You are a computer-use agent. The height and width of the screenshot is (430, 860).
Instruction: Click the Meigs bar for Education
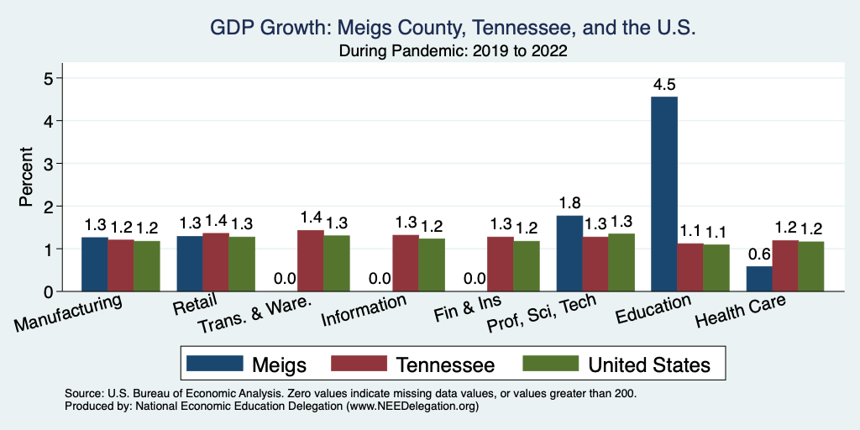click(x=664, y=194)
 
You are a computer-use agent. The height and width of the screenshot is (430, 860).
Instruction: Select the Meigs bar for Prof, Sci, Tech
click(x=569, y=254)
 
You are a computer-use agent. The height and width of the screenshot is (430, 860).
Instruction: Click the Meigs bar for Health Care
click(x=759, y=279)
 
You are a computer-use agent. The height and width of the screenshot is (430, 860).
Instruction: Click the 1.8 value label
click(x=569, y=203)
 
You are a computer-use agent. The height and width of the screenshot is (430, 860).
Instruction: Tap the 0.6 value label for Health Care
click(x=759, y=254)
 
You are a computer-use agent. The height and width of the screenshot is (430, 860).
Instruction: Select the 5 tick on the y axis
click(x=49, y=78)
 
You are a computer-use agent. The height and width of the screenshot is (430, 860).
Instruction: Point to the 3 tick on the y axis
click(x=49, y=164)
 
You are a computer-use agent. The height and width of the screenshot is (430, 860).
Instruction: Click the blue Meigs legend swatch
click(x=214, y=364)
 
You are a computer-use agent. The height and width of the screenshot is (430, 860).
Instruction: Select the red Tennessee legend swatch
click(x=359, y=364)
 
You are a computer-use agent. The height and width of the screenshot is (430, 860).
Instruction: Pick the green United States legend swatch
click(x=550, y=364)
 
